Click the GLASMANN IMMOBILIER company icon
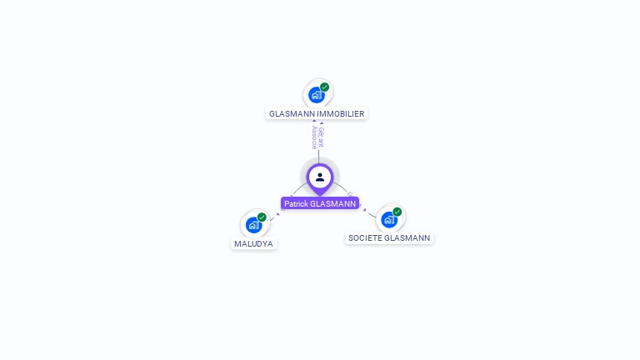coord(316,94)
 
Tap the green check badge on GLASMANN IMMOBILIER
coord(324,87)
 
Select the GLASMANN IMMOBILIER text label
coord(317,113)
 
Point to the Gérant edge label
coord(322,137)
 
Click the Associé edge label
coord(314,137)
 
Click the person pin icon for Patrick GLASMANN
coord(320,177)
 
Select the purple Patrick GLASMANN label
coord(320,203)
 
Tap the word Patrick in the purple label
coord(295,203)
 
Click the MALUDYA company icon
coord(253,225)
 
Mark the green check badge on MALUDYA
coord(262,217)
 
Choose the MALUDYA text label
coord(253,244)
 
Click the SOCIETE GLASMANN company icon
coord(389,219)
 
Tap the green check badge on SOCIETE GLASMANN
coord(397,212)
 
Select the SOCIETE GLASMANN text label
coord(389,238)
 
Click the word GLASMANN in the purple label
coord(332,203)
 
